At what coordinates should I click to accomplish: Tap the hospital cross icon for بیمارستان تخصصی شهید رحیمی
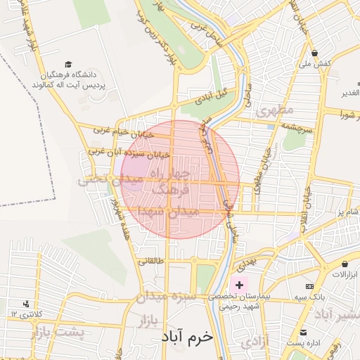coord(240,285)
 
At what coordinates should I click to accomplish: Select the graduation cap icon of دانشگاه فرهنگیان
coord(68,64)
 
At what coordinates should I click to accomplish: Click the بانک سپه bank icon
coord(309,287)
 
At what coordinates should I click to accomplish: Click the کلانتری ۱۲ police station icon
coord(27,304)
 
